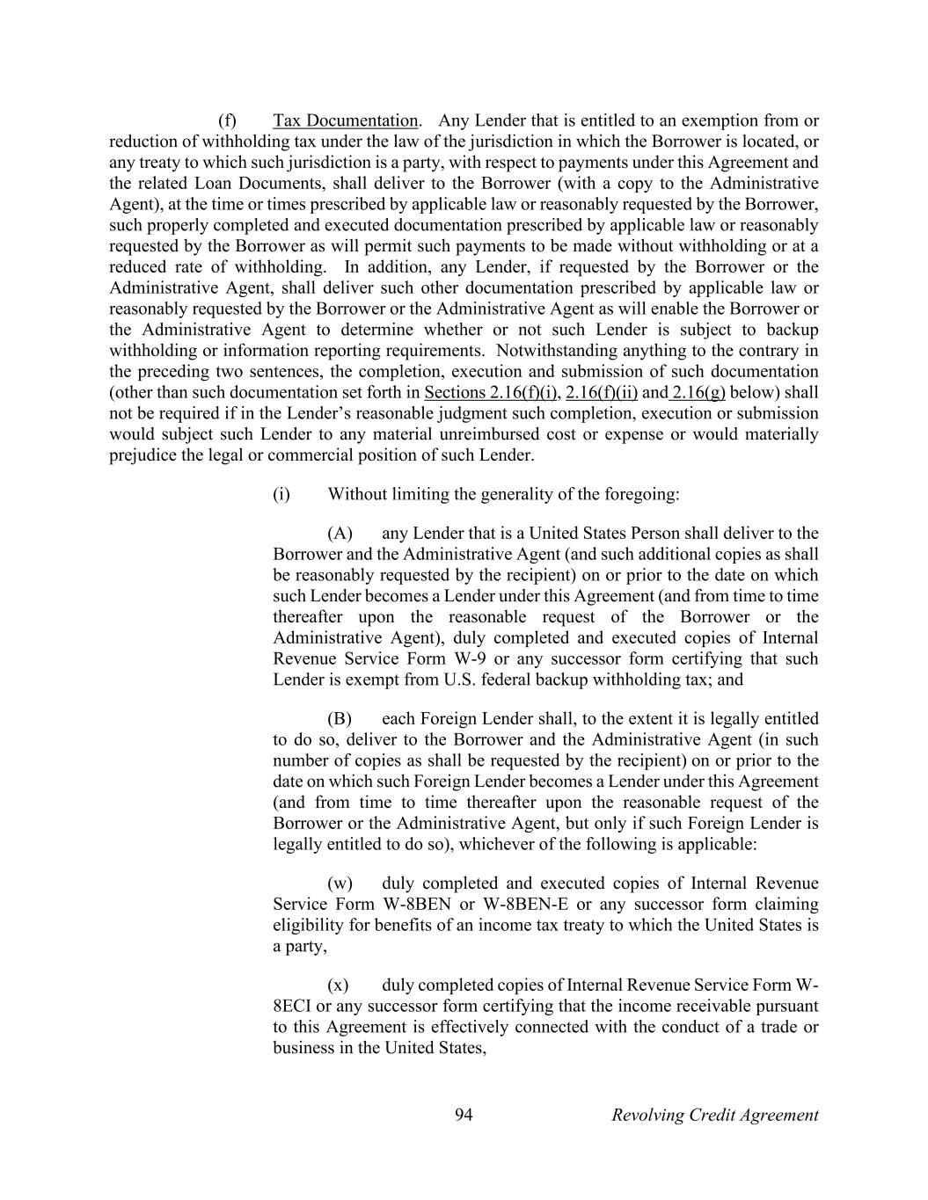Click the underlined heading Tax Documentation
[x=346, y=120]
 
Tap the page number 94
[x=464, y=1115]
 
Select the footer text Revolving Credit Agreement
[x=714, y=1115]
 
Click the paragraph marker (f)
[x=227, y=120]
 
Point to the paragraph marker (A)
[x=340, y=533]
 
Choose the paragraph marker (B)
[x=340, y=718]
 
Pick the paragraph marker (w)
[x=340, y=883]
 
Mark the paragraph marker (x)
[x=338, y=984]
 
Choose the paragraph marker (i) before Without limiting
[x=281, y=493]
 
